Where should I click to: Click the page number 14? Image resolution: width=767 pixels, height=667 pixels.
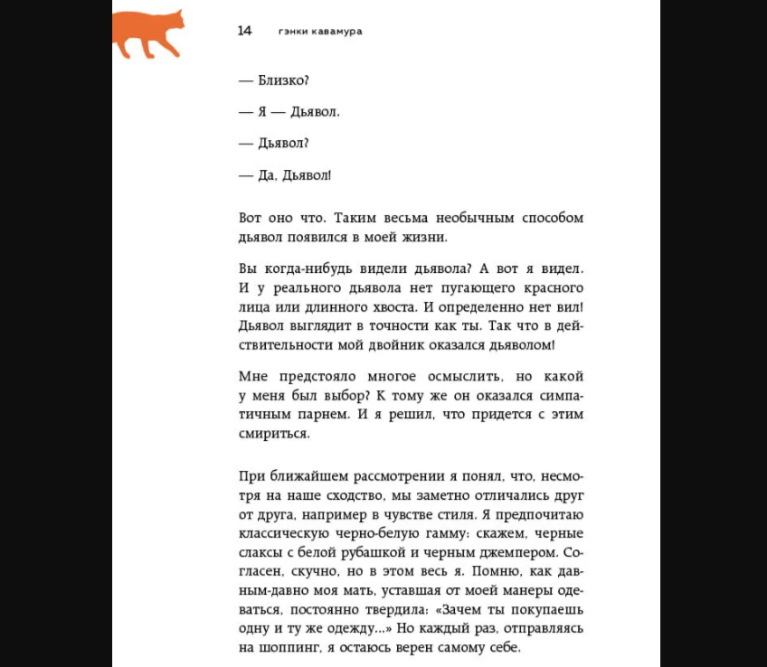[244, 31]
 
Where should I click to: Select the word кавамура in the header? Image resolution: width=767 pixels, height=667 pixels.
[345, 31]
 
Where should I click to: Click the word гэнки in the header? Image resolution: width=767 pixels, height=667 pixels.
[294, 31]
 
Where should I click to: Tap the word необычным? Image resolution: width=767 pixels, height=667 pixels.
[458, 219]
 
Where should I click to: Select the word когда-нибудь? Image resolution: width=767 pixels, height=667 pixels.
[307, 269]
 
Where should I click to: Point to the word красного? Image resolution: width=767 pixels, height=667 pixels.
[548, 288]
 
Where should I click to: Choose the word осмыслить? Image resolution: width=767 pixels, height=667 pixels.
[446, 376]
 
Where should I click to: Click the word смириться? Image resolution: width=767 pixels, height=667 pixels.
[274, 433]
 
